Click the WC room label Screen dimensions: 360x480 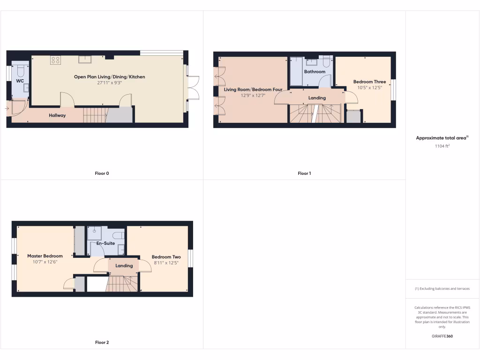click(x=20, y=81)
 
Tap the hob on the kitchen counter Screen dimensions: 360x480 click(x=56, y=60)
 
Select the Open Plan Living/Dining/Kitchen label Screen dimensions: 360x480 click(x=109, y=76)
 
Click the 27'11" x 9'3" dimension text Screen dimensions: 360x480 click(x=109, y=83)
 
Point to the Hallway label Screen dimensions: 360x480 click(x=57, y=115)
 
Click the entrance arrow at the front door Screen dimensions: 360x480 click(x=7, y=109)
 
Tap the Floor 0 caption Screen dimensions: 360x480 click(x=102, y=173)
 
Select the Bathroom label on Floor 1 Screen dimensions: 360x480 click(x=314, y=72)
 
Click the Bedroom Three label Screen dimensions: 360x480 click(x=369, y=82)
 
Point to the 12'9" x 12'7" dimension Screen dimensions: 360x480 click(x=253, y=95)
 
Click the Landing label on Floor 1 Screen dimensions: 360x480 click(x=317, y=98)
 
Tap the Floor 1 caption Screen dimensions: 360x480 click(x=304, y=173)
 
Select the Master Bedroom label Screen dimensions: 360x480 click(x=45, y=256)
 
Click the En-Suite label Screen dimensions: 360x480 click(x=105, y=243)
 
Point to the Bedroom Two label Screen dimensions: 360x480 click(x=166, y=257)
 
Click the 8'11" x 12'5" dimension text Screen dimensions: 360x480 click(x=166, y=263)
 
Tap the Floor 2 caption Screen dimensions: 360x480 click(x=102, y=343)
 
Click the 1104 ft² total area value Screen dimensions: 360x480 click(x=442, y=146)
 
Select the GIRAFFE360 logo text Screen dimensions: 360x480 click(x=442, y=336)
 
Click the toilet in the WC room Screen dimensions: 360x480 click(x=20, y=71)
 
